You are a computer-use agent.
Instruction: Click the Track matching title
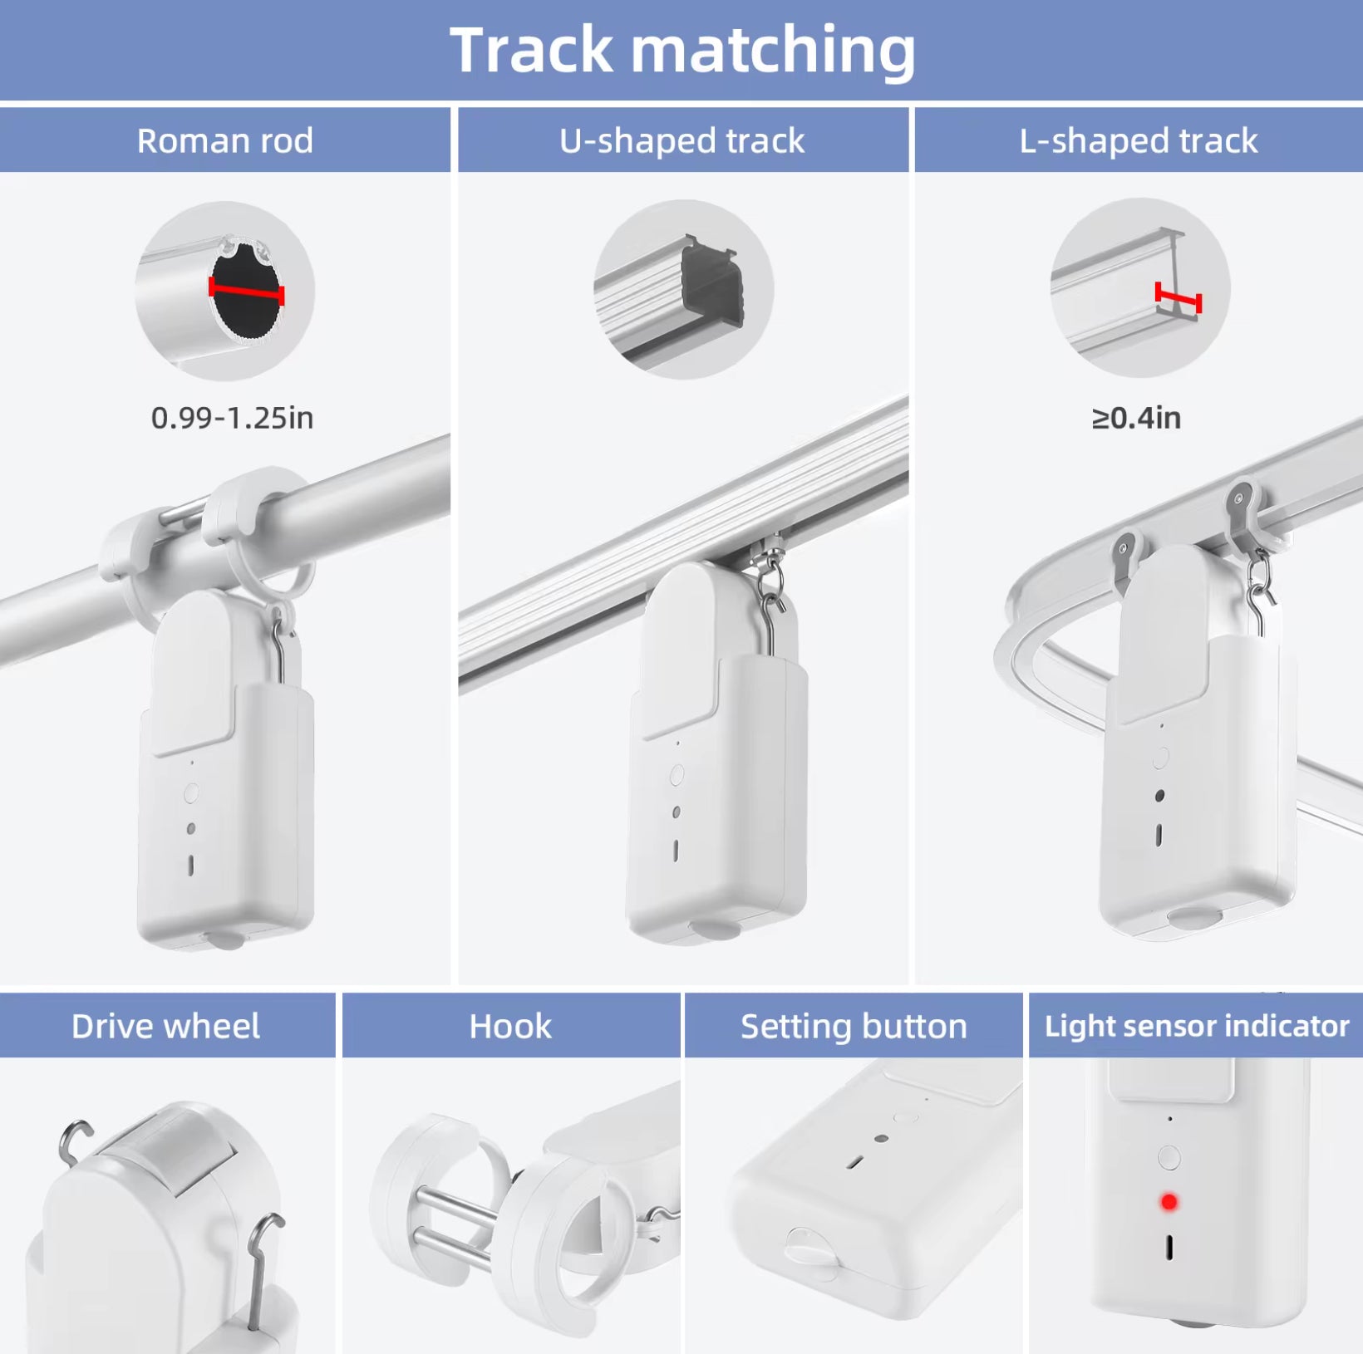coord(681,50)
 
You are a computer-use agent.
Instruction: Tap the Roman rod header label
coord(224,141)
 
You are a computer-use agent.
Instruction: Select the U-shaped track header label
coord(681,141)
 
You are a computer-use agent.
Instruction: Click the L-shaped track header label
coord(1138,141)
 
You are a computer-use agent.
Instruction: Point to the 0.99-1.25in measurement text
coord(232,418)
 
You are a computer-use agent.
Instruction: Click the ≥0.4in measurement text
coord(1135,418)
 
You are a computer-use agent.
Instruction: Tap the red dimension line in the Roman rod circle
coord(246,291)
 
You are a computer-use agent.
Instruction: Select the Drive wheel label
coord(165,1027)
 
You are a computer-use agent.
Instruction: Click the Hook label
coord(510,1027)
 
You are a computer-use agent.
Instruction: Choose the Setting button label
coord(854,1027)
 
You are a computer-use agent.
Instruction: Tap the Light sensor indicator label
coord(1196,1027)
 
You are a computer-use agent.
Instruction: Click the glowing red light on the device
coord(1169,1202)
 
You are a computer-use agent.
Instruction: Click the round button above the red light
coord(1169,1157)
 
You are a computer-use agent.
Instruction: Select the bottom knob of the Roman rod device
coord(224,940)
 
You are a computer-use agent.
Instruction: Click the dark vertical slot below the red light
coord(1169,1247)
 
